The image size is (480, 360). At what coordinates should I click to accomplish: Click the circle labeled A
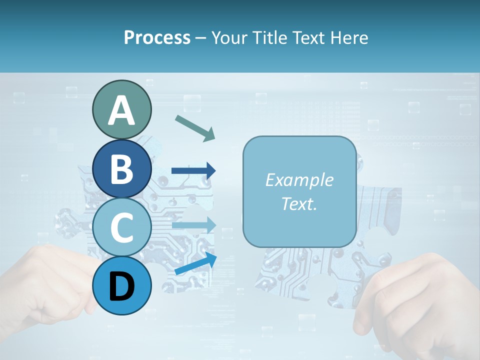[x=121, y=109]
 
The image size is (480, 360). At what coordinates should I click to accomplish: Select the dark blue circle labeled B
[x=121, y=168]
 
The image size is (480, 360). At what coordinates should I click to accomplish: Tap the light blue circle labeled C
[x=121, y=227]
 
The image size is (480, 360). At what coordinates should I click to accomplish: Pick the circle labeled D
[x=121, y=285]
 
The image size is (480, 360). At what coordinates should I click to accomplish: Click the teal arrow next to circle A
[x=195, y=127]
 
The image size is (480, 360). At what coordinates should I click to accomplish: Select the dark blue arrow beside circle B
[x=194, y=171]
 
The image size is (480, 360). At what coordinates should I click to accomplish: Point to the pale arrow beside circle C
[x=194, y=225]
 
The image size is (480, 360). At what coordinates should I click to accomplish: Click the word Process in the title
[x=157, y=38]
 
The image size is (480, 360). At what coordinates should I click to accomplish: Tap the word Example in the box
[x=299, y=180]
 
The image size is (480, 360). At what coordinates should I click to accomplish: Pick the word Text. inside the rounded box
[x=299, y=203]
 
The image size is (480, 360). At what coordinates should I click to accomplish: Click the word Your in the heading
[x=228, y=38]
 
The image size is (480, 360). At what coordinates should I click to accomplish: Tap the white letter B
[x=121, y=168]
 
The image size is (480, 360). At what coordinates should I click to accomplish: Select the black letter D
[x=121, y=286]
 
